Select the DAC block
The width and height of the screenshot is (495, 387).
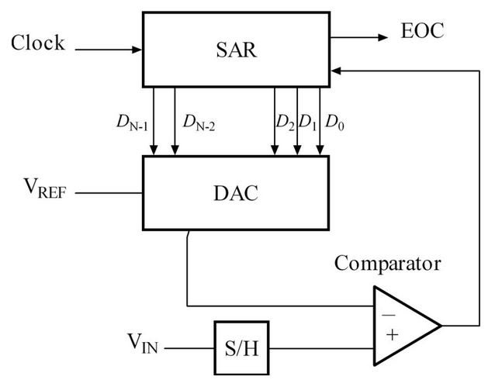(x=235, y=193)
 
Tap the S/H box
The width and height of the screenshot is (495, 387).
(x=241, y=347)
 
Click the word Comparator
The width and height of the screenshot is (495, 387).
(x=387, y=263)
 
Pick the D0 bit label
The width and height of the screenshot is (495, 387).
(x=334, y=122)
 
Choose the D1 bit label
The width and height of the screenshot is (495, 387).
(x=308, y=122)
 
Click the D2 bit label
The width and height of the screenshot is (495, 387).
(x=285, y=122)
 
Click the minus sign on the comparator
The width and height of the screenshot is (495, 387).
(x=387, y=316)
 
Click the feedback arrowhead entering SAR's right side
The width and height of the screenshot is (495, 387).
(x=336, y=69)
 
